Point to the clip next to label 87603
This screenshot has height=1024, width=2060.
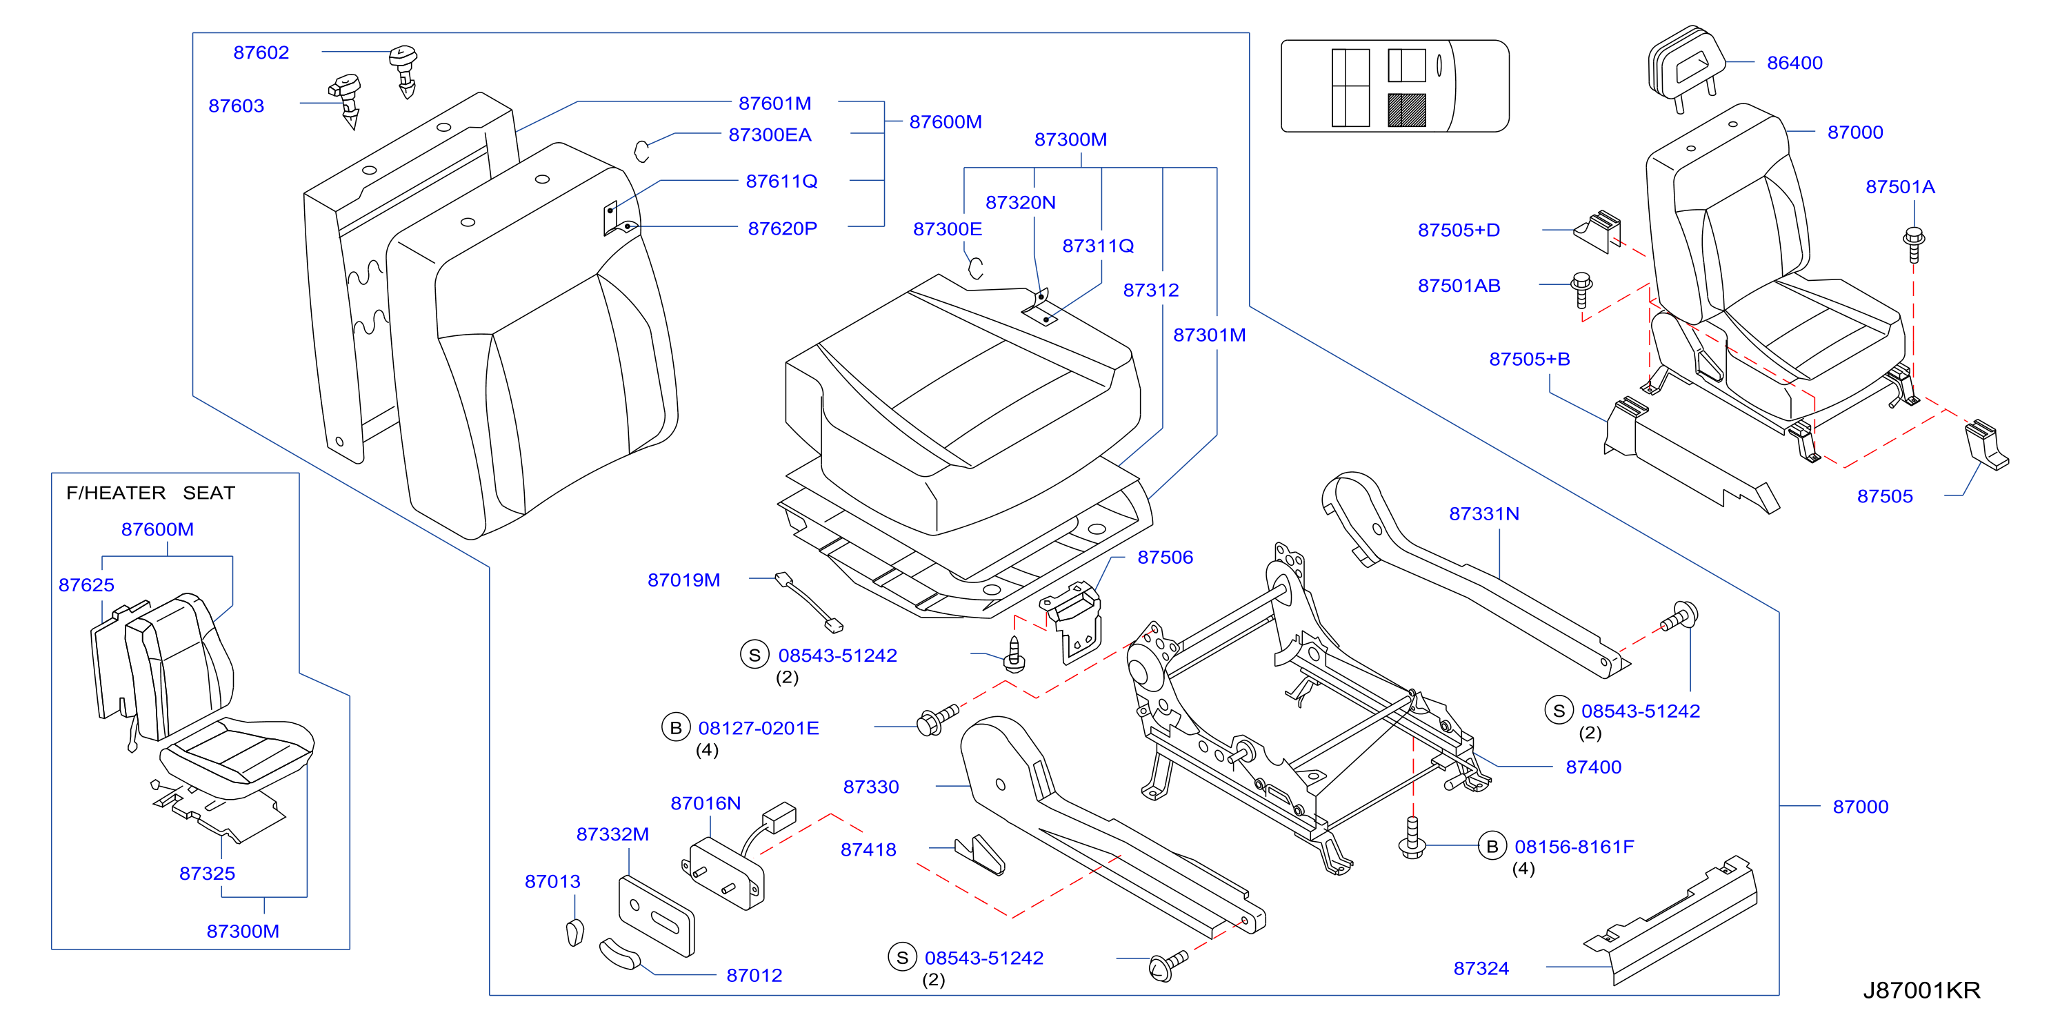point(347,99)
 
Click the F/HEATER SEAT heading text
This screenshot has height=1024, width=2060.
point(150,492)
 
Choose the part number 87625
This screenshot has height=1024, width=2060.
point(86,585)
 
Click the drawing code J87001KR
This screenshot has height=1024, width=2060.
point(1921,989)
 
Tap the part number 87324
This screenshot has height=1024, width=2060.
point(1481,968)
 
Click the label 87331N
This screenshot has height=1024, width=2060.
point(1484,513)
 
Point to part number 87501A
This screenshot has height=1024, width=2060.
point(1900,186)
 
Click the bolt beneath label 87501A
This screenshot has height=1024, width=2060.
point(1914,244)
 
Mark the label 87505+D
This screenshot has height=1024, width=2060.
point(1459,230)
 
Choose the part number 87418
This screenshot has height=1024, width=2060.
point(868,849)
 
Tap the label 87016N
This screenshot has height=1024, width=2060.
point(706,803)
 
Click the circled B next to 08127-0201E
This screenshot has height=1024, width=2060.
point(676,727)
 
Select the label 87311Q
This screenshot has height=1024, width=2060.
point(1098,246)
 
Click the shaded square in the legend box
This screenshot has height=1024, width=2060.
point(1407,110)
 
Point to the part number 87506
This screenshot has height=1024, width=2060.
point(1165,557)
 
